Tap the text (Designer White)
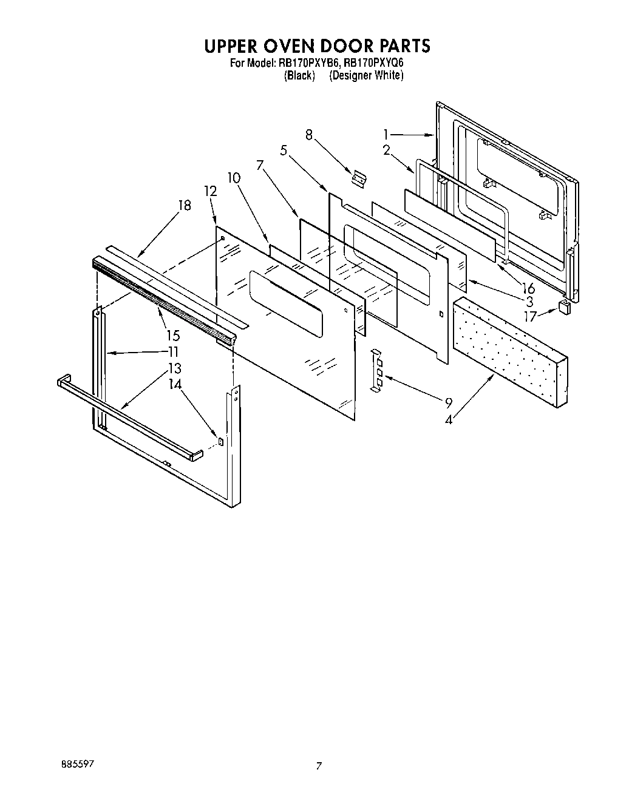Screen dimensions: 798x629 point(366,75)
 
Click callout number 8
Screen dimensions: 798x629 point(309,135)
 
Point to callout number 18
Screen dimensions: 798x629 point(184,205)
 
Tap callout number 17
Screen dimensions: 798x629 point(530,316)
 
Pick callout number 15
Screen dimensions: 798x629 point(174,335)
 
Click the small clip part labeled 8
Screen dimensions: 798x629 point(359,178)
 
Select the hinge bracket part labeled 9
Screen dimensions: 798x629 point(376,371)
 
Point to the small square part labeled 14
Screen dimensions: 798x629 point(220,441)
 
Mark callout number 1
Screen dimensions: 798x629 point(386,135)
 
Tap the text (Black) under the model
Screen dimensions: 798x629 point(299,75)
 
